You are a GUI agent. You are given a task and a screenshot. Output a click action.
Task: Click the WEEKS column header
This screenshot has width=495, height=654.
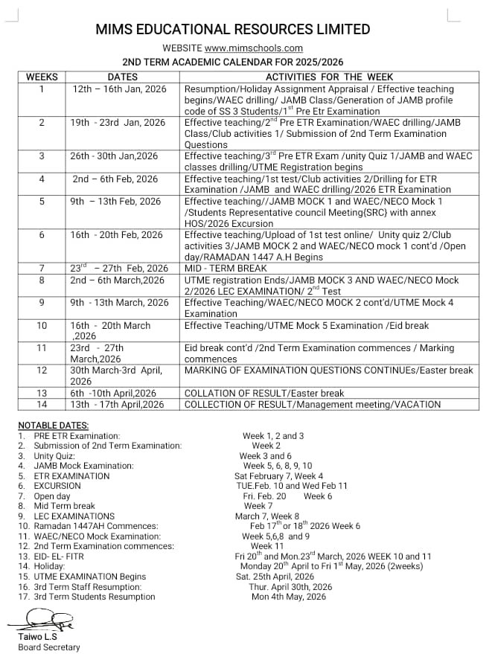pyautogui.click(x=41, y=77)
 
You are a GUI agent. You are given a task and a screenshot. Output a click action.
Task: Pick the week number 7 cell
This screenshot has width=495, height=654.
pyautogui.click(x=41, y=268)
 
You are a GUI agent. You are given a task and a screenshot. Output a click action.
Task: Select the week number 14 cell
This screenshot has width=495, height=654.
pyautogui.click(x=41, y=404)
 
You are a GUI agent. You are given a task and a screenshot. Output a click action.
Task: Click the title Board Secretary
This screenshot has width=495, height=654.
pyautogui.click(x=49, y=647)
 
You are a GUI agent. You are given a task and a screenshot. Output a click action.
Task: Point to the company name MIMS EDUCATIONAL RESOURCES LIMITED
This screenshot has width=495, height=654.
pyautogui.click(x=233, y=30)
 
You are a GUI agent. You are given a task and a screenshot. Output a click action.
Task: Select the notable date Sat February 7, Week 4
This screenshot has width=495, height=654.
pyautogui.click(x=278, y=475)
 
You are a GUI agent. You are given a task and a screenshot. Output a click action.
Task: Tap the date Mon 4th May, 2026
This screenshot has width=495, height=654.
pyautogui.click(x=289, y=597)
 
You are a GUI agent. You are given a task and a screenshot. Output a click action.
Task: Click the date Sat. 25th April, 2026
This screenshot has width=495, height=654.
pyautogui.click(x=275, y=577)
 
